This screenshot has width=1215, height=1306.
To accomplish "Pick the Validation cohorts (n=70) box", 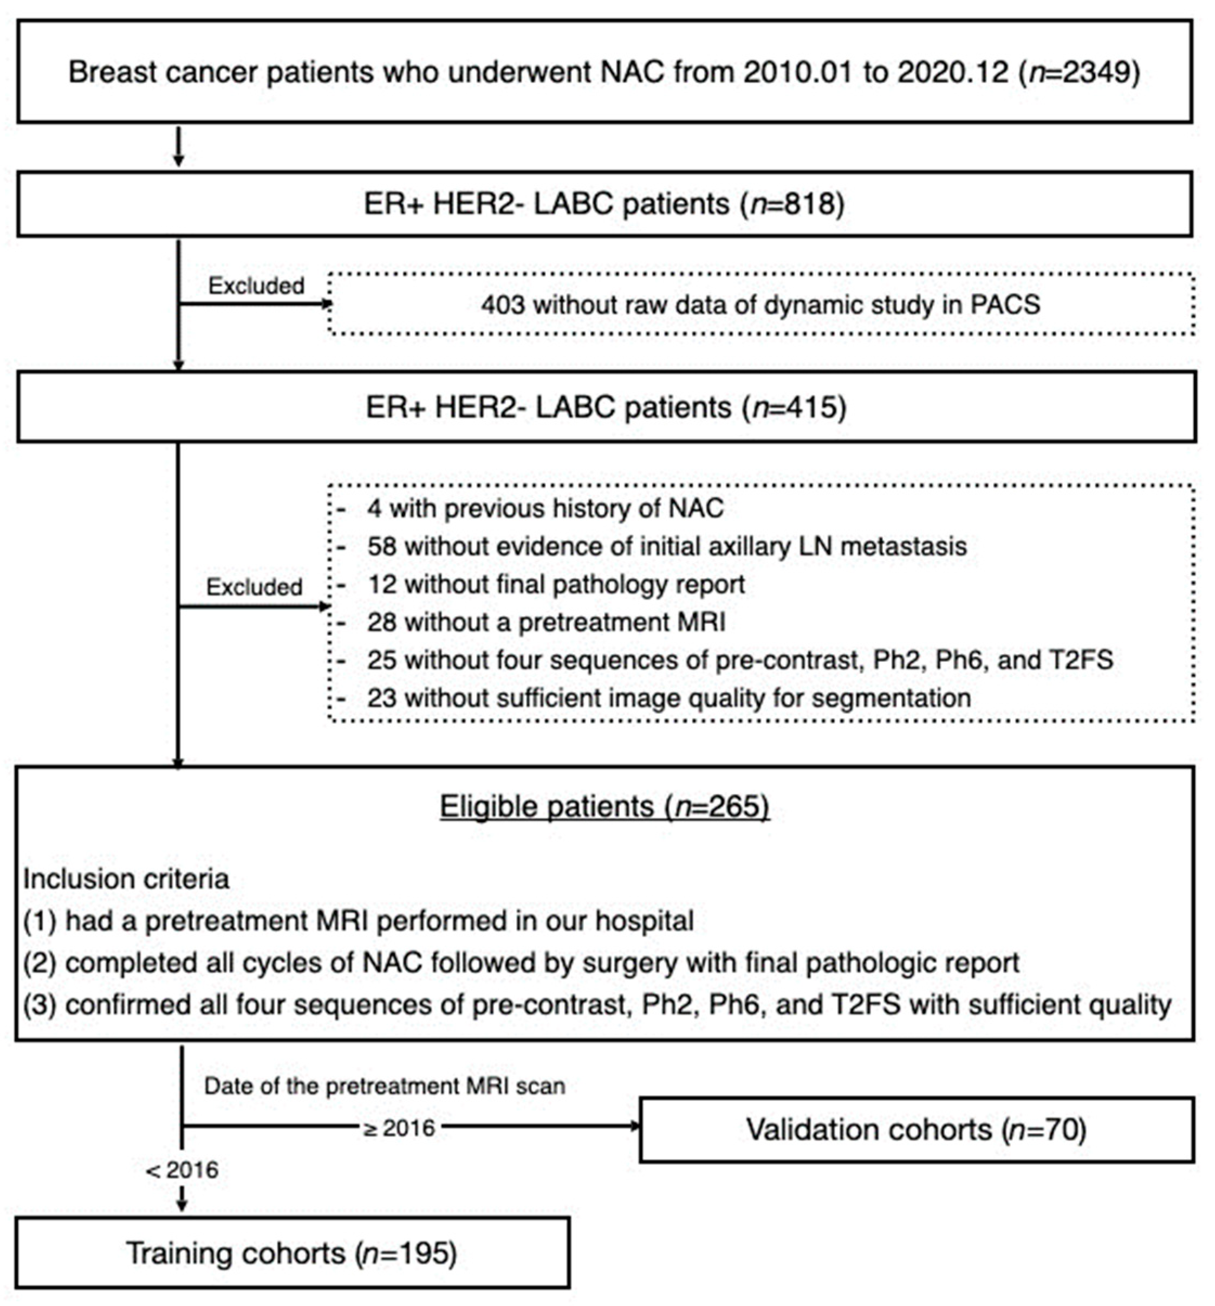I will pyautogui.click(x=916, y=1130).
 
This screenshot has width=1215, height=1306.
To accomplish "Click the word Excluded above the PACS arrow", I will pyautogui.click(x=256, y=286).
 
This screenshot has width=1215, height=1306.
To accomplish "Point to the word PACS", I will pyautogui.click(x=1004, y=305).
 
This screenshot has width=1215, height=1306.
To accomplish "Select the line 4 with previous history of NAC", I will pyautogui.click(x=545, y=508).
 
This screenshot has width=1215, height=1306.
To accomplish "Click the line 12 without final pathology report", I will pyautogui.click(x=556, y=584).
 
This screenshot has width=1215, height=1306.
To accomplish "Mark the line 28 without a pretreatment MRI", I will pyautogui.click(x=546, y=622).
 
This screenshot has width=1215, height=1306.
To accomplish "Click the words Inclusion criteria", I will pyautogui.click(x=126, y=879).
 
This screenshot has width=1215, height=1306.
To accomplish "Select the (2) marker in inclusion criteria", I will pyautogui.click(x=41, y=963).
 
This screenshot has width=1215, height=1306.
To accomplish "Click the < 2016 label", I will pyautogui.click(x=183, y=1170).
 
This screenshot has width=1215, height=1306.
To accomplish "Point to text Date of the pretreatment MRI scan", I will pyautogui.click(x=384, y=1086).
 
